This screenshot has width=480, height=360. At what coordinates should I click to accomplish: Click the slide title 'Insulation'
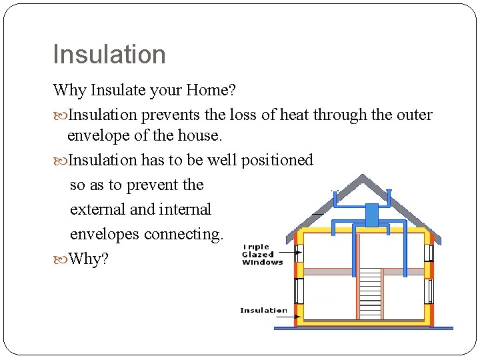pos(109,55)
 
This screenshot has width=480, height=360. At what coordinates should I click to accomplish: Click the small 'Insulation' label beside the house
pos(263,310)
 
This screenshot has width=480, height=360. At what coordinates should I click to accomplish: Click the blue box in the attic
pos(371,215)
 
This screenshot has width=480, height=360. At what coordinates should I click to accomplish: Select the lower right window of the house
pos(429,291)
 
